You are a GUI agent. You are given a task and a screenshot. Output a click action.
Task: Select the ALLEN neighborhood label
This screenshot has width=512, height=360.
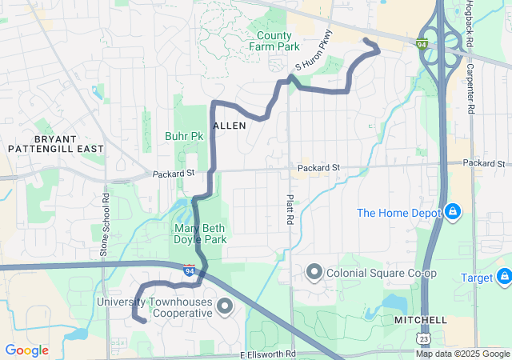click(230, 126)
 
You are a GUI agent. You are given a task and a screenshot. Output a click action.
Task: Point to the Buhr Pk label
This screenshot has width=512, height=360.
click(183, 136)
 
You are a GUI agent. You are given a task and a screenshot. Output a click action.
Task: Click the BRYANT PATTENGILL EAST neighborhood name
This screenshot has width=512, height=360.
click(56, 143)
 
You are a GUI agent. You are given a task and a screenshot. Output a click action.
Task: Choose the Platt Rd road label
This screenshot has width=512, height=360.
click(290, 209)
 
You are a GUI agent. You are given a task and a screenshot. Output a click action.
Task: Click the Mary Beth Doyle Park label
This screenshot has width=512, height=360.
click(200, 234)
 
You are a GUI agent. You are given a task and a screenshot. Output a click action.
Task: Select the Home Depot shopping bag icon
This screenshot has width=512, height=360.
click(453, 212)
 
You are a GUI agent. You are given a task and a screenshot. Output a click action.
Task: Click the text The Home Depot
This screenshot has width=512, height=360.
click(399, 213)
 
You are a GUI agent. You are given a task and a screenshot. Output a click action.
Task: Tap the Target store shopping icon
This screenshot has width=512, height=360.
click(504, 278)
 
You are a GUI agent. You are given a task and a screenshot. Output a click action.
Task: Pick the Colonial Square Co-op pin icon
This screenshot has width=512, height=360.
click(314, 272)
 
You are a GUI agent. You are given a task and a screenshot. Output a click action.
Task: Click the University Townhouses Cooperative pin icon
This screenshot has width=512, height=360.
click(225, 306)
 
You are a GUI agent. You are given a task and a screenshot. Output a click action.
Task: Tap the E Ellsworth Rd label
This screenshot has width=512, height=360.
click(268, 354)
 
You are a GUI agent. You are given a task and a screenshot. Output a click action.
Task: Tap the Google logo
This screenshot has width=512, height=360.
click(26, 350)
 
